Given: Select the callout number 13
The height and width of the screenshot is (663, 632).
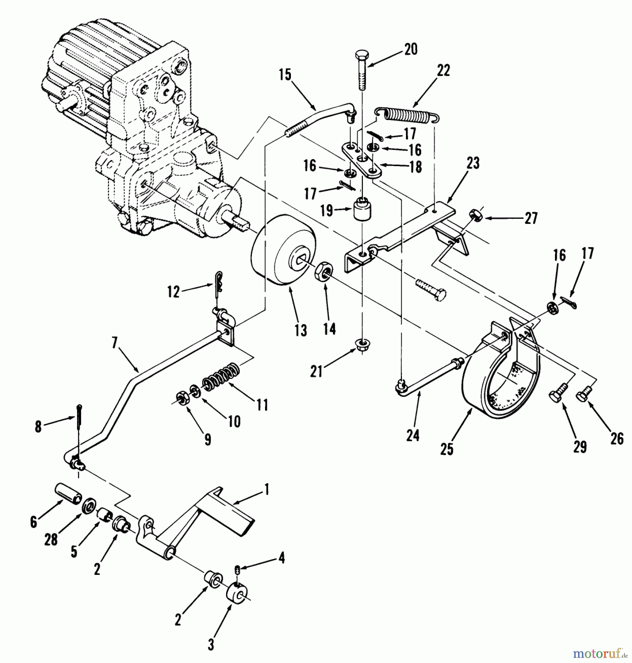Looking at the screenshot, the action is coord(301,330).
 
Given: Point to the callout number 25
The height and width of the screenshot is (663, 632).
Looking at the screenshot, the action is coord(447,449).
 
